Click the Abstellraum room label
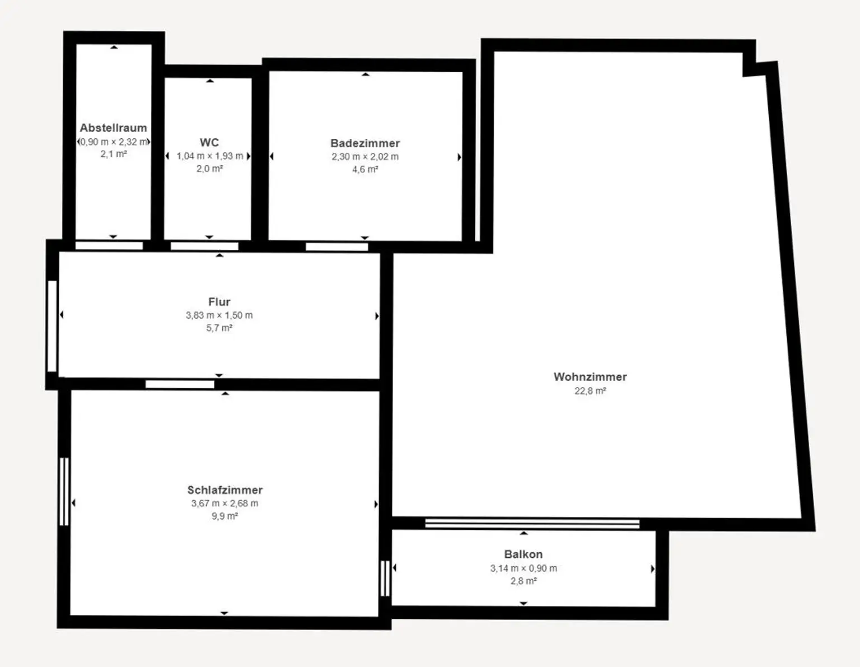point(113,128)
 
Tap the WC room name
point(209,142)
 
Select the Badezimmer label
point(365,143)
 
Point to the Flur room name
point(219,302)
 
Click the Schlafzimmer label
point(225,490)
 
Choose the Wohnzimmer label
point(590,377)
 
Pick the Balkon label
point(523,554)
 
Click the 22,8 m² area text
point(590,391)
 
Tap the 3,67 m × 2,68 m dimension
point(225,503)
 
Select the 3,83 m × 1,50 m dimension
point(219,315)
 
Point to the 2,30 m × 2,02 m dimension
point(365,157)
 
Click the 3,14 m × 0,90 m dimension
point(523,568)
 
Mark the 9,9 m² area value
point(225,516)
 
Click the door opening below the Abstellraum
point(109,245)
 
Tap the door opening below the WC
point(204,246)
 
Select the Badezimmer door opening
point(337,246)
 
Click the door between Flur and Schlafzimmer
point(180,384)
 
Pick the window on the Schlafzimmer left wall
point(64,492)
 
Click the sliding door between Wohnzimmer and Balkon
point(532,524)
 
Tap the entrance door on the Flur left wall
point(52,326)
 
